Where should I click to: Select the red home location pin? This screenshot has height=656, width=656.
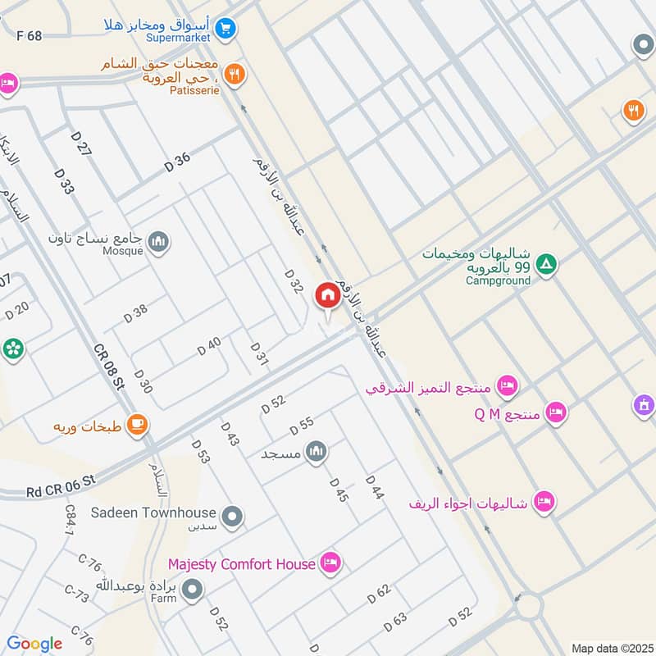tap(327, 296)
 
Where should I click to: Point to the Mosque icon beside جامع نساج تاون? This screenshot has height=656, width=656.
tap(158, 241)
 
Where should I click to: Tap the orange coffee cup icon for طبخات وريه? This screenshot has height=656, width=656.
tap(136, 425)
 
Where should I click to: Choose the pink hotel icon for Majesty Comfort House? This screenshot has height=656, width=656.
tap(331, 563)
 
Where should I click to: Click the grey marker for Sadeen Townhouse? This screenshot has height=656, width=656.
tap(234, 516)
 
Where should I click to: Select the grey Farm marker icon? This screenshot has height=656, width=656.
tap(193, 588)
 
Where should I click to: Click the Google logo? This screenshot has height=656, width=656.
tap(34, 644)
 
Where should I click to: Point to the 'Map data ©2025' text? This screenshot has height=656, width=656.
tap(611, 648)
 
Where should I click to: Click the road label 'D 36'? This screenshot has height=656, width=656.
tap(177, 162)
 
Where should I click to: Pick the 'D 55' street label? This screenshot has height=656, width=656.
tap(302, 426)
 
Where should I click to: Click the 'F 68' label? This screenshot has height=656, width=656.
tap(29, 35)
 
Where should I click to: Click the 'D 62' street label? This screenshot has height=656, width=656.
tap(379, 594)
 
